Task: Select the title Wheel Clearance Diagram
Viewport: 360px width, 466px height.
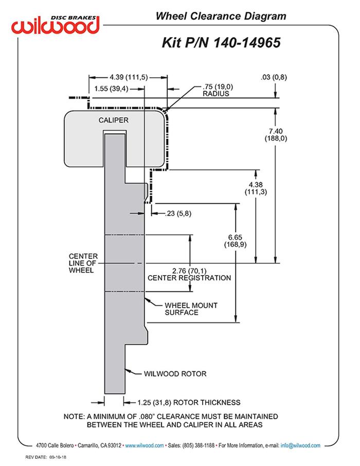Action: pos(221,16)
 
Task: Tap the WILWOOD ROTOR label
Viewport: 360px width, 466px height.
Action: pos(175,373)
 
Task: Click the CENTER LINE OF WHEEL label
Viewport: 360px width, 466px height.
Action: pos(81,263)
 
